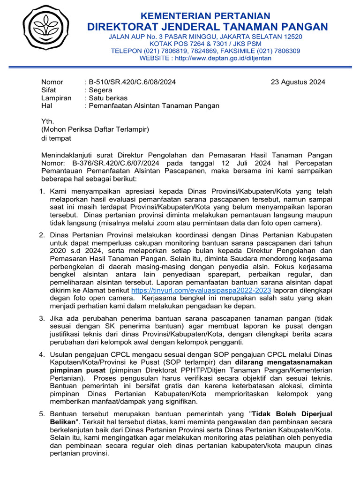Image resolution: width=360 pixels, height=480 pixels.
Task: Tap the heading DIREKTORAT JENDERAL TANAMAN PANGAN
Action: [x=207, y=27]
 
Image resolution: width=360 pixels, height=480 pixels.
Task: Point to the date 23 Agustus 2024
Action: [x=298, y=82]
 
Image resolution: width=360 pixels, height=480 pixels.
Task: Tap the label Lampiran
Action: [x=56, y=98]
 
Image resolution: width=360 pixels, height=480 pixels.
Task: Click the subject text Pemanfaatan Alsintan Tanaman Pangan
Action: [x=154, y=106]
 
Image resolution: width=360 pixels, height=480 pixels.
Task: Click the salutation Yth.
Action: [x=48, y=121]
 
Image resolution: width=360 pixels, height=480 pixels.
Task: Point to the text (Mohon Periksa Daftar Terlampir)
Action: [x=95, y=129]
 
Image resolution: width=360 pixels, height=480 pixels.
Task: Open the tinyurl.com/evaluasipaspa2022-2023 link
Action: [x=201, y=290]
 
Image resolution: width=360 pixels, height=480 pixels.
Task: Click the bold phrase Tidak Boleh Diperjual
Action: [x=292, y=414]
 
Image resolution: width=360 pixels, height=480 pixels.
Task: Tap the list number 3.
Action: [x=42, y=319]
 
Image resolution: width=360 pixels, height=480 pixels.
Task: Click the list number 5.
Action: [x=42, y=414]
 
